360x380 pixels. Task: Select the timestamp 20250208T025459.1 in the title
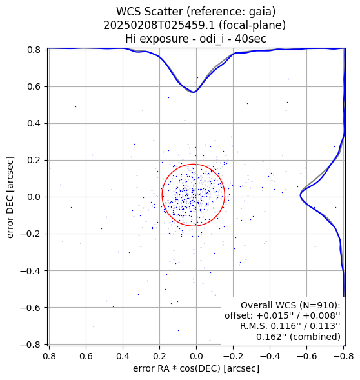[159, 25]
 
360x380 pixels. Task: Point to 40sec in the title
[250, 39]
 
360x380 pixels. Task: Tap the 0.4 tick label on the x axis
[123, 356]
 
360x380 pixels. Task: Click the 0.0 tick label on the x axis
[196, 356]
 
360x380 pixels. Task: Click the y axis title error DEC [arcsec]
[10, 197]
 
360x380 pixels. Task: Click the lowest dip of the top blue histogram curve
[194, 92]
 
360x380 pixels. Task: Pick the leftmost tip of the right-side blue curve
[300, 195]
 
